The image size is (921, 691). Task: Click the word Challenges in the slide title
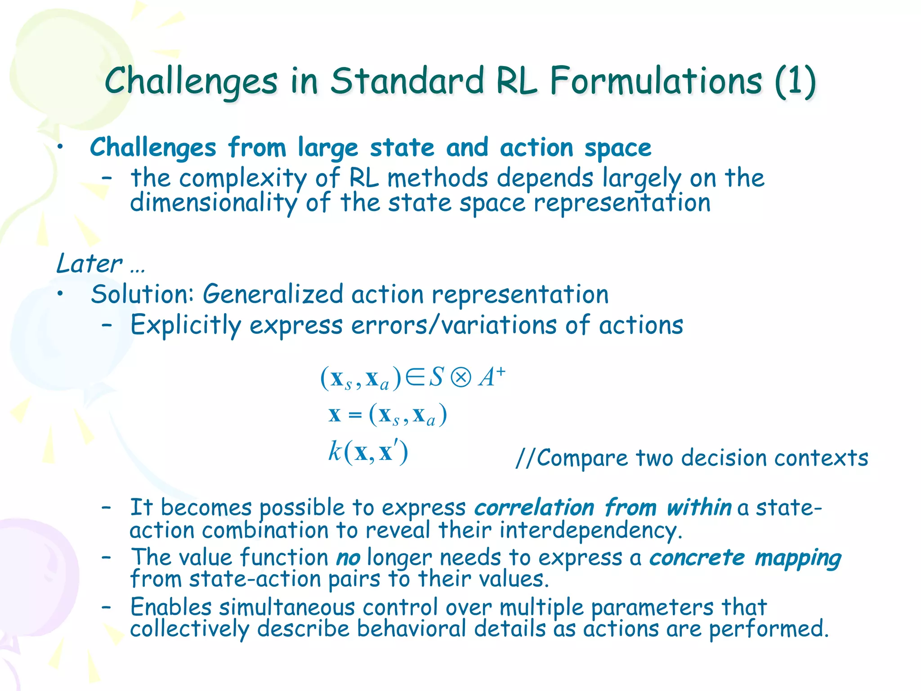click(x=191, y=81)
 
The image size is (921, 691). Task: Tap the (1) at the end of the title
click(x=795, y=81)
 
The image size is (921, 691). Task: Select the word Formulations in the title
click(x=655, y=81)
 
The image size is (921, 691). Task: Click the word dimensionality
click(x=214, y=203)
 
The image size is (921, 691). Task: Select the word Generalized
click(x=273, y=295)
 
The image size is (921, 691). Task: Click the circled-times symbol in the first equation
click(x=461, y=377)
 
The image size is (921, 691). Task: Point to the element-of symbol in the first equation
click(x=415, y=377)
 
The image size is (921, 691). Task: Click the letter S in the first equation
click(x=436, y=377)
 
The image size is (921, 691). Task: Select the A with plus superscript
click(x=491, y=377)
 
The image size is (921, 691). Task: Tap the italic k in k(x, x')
click(x=335, y=451)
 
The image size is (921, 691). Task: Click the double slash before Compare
click(x=525, y=458)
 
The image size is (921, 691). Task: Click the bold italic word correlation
click(x=534, y=508)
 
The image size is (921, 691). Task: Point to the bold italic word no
click(x=348, y=558)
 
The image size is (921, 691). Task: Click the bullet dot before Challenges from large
click(x=60, y=147)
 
